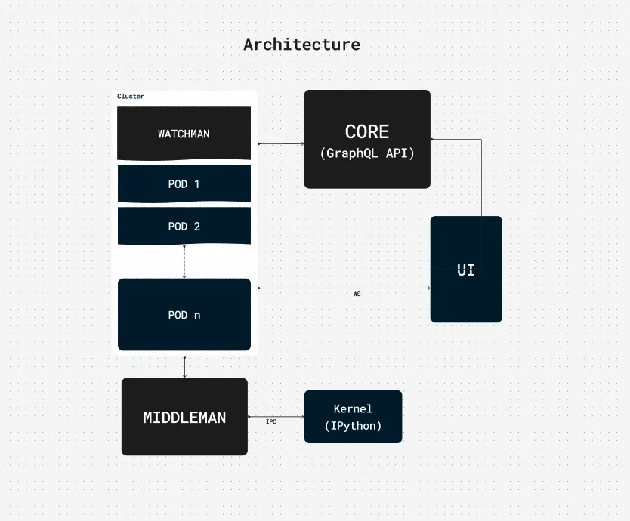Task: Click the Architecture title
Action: (x=301, y=45)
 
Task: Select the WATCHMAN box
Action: (x=184, y=134)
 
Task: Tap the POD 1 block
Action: (x=184, y=183)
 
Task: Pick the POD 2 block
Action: (x=184, y=227)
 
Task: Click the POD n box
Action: (x=184, y=315)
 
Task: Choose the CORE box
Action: (x=367, y=140)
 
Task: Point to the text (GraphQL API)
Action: (x=367, y=153)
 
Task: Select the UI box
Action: (x=466, y=270)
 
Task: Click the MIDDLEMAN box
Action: (x=184, y=417)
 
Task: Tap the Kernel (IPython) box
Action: (x=353, y=417)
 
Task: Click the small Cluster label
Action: (x=131, y=97)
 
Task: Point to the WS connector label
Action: (x=357, y=294)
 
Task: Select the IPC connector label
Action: (x=271, y=422)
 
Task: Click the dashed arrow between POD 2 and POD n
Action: (x=184, y=261)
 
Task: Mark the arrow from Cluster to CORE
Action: (x=280, y=143)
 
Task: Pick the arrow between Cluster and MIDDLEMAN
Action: (x=184, y=366)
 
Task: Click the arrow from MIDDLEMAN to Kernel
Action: (x=276, y=417)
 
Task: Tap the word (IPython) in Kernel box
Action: (x=353, y=426)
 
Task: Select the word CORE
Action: (x=367, y=132)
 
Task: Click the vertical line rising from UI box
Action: (x=481, y=177)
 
